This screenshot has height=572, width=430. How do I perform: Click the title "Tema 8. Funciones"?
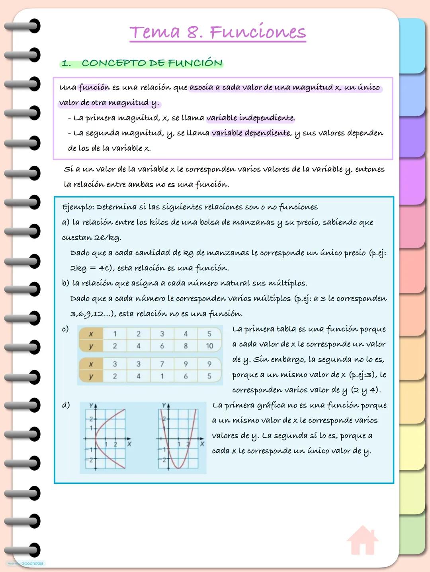coord(218,32)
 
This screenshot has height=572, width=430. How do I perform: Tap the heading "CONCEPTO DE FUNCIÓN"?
coord(152,63)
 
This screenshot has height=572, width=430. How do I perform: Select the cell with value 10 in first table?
coord(209,346)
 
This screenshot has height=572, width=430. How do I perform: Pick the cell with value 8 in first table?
coord(186,346)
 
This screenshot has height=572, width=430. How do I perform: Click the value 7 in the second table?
coord(162,364)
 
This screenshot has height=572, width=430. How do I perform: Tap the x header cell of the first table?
coord(91,334)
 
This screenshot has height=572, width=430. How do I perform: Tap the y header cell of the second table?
coord(91,376)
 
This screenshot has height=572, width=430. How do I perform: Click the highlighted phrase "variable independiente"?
coord(250,118)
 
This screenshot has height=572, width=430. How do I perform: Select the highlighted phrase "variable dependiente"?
coord(251,133)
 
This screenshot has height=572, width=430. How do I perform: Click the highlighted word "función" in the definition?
coord(94,87)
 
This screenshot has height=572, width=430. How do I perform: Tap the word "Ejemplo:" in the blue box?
coord(78,207)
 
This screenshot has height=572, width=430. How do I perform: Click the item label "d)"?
coord(66,405)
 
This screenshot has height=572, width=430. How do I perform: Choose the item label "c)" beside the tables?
coord(65,329)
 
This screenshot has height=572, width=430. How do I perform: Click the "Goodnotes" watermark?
coord(32,563)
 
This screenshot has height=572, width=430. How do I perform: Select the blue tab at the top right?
coord(412,46)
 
